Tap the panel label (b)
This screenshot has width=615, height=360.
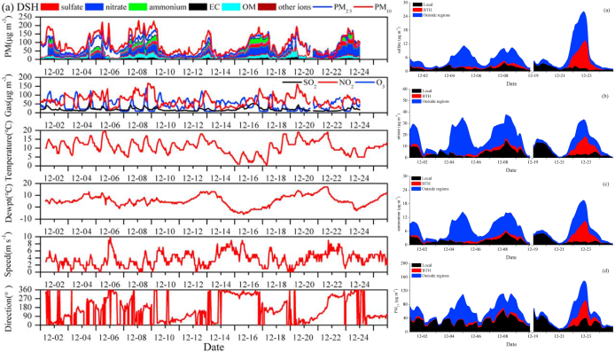click(603, 95)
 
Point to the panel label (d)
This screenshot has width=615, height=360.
click(603, 269)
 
